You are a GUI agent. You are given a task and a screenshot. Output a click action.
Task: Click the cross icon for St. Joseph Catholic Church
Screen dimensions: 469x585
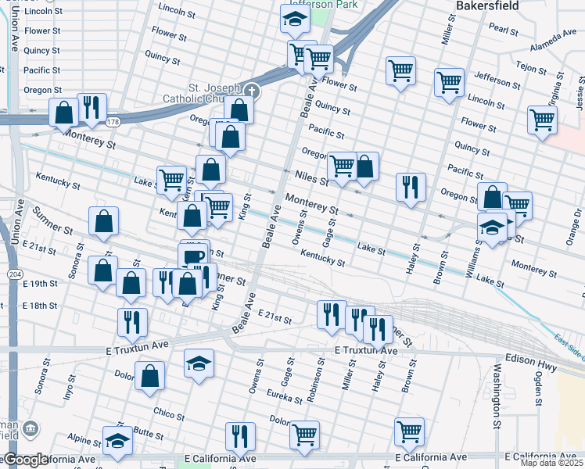(x=250, y=91)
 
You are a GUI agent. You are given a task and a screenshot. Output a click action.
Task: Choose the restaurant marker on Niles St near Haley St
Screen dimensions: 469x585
(x=410, y=188)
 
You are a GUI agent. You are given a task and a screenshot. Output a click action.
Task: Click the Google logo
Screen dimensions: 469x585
(x=25, y=460)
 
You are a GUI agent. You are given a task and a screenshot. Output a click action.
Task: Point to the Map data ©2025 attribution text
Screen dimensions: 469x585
(x=551, y=463)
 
